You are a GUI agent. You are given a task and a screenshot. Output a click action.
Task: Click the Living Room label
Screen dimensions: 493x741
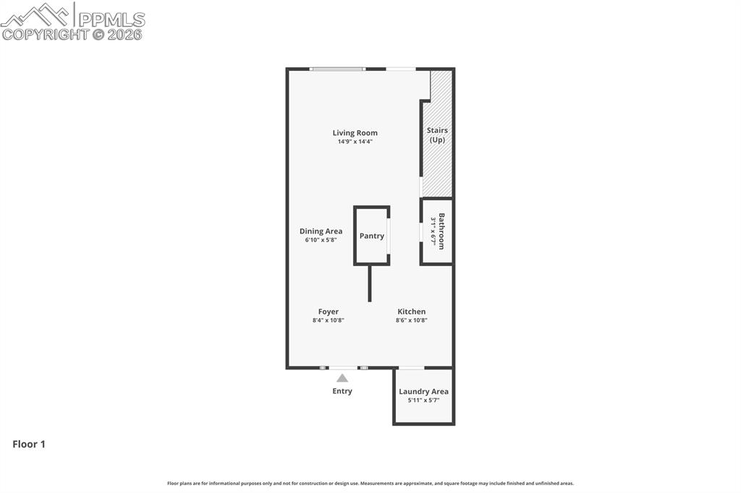(x=355, y=133)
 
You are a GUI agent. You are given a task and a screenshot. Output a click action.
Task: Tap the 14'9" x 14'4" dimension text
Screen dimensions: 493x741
(x=355, y=142)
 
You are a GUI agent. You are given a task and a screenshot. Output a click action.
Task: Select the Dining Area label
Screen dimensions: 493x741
(x=321, y=231)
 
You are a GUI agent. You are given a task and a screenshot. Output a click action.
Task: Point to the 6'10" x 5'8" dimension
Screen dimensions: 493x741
(x=321, y=240)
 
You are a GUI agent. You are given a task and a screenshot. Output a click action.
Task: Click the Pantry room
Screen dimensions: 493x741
(x=372, y=236)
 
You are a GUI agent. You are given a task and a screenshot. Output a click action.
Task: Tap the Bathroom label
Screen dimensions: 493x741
(x=441, y=231)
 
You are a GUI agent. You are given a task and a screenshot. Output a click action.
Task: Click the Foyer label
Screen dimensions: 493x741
(x=328, y=312)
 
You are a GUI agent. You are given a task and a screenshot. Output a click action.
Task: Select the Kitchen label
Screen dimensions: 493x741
(x=411, y=312)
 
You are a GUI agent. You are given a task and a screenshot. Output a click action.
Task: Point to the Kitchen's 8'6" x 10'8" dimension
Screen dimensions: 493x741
(x=411, y=320)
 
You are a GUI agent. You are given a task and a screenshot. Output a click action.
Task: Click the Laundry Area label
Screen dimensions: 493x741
(x=423, y=392)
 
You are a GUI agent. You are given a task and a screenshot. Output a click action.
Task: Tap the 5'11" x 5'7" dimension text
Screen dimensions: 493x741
(x=423, y=400)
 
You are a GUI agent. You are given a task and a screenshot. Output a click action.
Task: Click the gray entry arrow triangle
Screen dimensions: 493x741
(x=342, y=377)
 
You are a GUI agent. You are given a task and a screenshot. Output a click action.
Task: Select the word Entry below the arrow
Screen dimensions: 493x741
(x=342, y=391)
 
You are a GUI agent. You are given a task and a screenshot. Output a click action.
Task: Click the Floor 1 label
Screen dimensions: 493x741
(x=29, y=445)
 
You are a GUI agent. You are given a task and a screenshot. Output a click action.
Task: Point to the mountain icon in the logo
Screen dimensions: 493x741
(x=36, y=15)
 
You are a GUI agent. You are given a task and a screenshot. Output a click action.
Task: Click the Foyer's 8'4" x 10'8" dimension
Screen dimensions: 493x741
(x=328, y=320)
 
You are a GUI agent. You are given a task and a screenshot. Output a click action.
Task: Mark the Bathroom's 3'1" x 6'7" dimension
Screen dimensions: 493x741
(x=433, y=231)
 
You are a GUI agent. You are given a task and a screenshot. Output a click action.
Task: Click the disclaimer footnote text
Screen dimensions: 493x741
(x=370, y=483)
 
